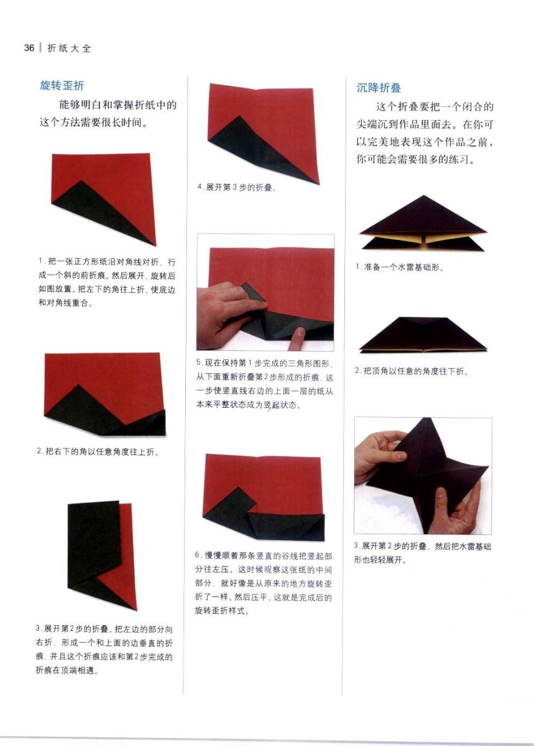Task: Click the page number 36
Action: pyautogui.click(x=29, y=48)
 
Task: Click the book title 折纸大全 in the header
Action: pyautogui.click(x=69, y=48)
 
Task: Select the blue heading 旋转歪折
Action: pyautogui.click(x=62, y=86)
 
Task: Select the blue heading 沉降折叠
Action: pyautogui.click(x=379, y=88)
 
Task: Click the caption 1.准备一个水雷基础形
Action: pyautogui.click(x=400, y=267)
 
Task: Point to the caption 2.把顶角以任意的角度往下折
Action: pyautogui.click(x=412, y=371)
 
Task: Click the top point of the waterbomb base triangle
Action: pyautogui.click(x=424, y=195)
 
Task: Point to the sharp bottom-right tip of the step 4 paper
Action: pyautogui.click(x=319, y=183)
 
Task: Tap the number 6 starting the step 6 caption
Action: pyautogui.click(x=197, y=555)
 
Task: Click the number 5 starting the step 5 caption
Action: pyautogui.click(x=198, y=362)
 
